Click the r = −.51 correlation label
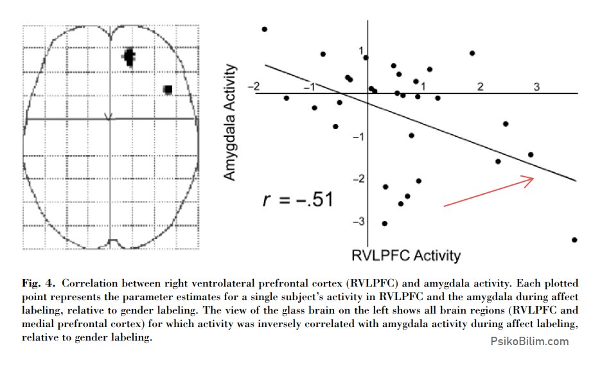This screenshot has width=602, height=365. coord(298,200)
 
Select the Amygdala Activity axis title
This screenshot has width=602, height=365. coord(229,122)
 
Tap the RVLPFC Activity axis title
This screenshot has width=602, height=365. coord(406,255)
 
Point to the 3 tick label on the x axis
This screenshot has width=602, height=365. coord(536,87)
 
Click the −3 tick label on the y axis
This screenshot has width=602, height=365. coord(359,222)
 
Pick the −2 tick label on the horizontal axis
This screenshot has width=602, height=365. coord(254,86)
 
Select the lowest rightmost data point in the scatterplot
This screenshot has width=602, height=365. coord(574,240)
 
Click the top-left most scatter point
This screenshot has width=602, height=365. coord(264,29)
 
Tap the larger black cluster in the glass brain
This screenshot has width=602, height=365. coord(129,57)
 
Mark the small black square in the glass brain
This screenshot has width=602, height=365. coord(168,89)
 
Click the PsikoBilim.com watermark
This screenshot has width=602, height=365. coord(529,341)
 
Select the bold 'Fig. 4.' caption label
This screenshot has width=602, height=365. coord(39,283)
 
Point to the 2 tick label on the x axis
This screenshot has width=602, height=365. coord(481,87)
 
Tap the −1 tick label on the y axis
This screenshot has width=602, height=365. coord(359,137)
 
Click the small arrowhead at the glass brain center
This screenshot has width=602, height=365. coord(109,117)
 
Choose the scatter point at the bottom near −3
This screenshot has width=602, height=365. coord(385,224)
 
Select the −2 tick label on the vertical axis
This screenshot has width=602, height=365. coord(359,179)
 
